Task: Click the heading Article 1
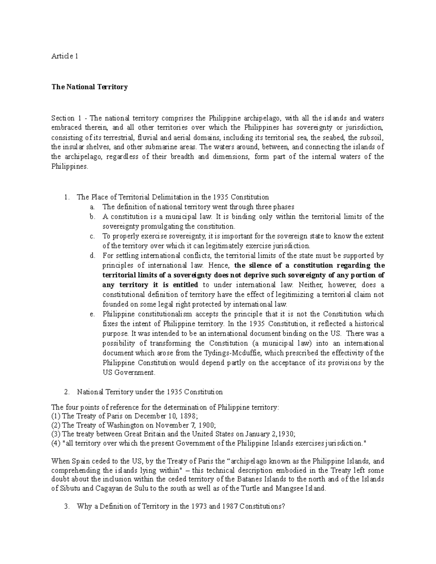[x=65, y=56]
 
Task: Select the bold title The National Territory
[x=89, y=87]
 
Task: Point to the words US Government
[x=129, y=373]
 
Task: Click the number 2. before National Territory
[x=66, y=392]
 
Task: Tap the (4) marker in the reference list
[x=56, y=443]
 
